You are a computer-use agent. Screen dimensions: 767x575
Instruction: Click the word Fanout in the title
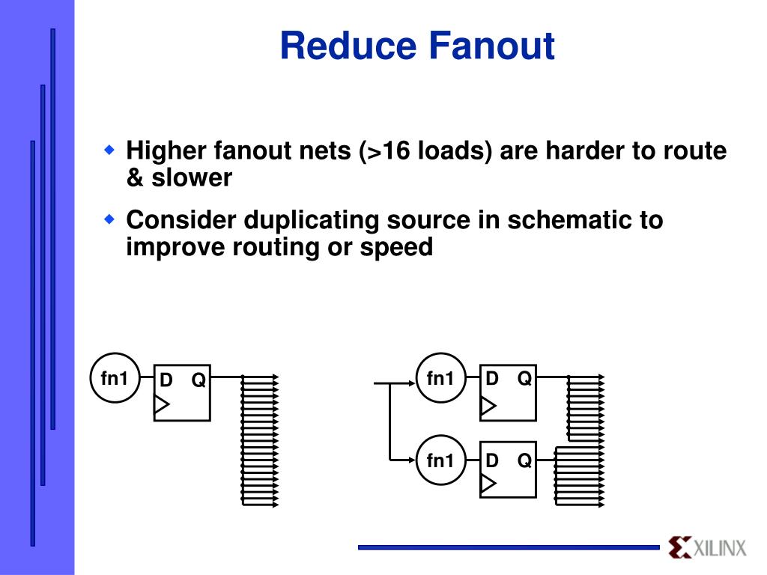click(x=492, y=46)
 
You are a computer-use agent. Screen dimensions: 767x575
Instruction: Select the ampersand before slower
click(x=134, y=177)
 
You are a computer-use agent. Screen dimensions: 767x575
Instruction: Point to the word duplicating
click(x=311, y=221)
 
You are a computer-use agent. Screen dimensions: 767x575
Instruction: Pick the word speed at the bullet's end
click(x=396, y=248)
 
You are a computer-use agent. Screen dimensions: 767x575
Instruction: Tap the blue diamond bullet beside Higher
click(x=109, y=150)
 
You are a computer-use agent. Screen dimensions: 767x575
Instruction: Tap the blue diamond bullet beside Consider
click(x=109, y=219)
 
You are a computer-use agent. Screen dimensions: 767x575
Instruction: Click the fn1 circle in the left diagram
click(x=115, y=378)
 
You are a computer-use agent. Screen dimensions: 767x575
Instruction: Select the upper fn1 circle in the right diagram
click(x=440, y=378)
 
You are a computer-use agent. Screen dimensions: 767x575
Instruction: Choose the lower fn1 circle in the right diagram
click(x=440, y=460)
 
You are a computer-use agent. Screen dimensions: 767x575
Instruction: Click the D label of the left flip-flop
click(x=166, y=380)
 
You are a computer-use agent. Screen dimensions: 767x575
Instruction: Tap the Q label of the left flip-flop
click(x=198, y=380)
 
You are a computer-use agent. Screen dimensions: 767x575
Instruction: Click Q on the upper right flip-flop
click(x=524, y=378)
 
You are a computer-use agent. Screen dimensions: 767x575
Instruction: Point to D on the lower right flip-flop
click(x=491, y=460)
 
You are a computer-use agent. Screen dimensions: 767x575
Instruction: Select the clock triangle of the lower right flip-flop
click(x=488, y=483)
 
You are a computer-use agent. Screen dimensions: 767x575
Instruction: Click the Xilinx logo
click(x=708, y=547)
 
